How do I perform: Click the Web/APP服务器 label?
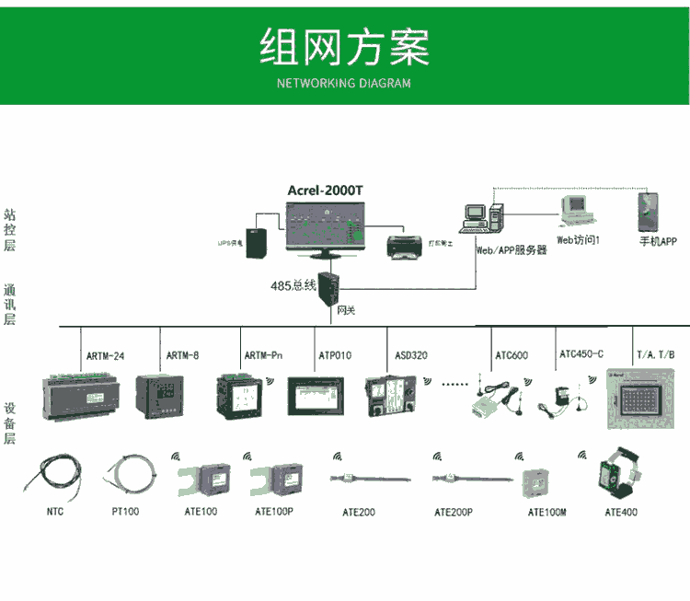pos(511,249)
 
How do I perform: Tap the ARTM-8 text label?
pos(182,355)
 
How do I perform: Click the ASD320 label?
pos(411,355)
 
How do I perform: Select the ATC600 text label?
pos(512,355)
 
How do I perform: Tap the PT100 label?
pos(125,512)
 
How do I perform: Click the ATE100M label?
pos(546,512)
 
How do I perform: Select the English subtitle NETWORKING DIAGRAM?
pos(344,83)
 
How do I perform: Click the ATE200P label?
pos(453,512)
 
